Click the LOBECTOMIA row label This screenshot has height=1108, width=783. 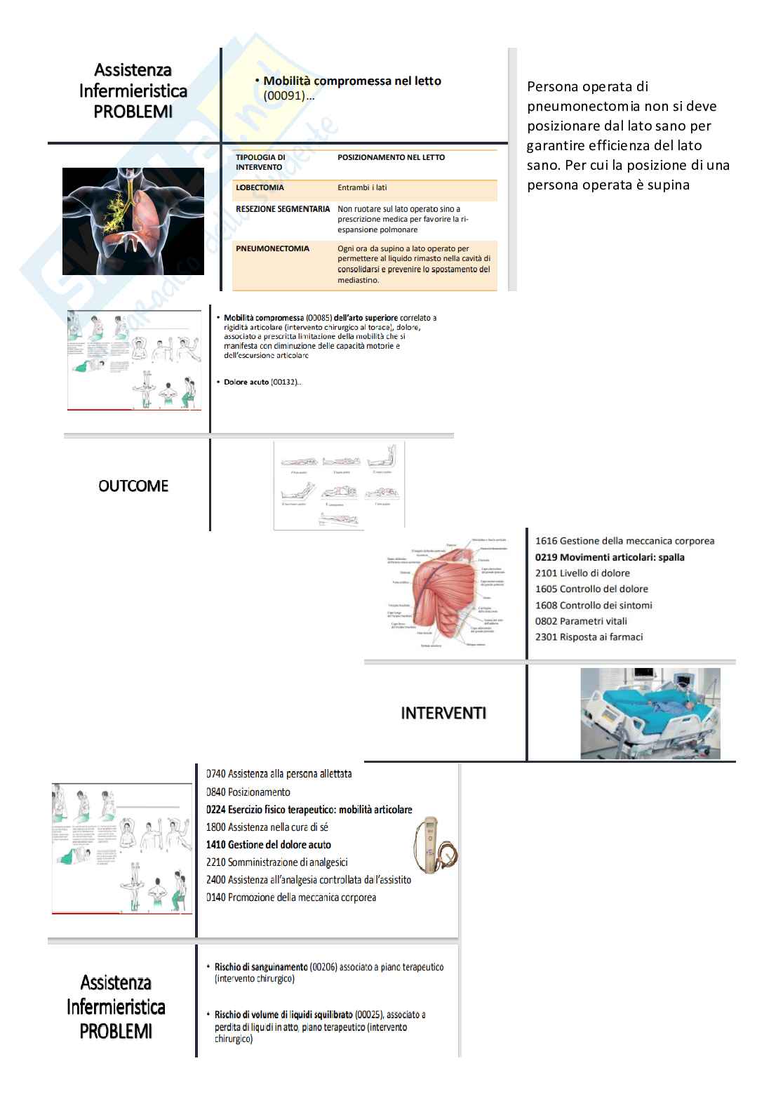tap(260, 188)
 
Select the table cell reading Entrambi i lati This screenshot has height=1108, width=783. tap(362, 188)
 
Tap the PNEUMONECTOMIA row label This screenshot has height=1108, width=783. tap(272, 248)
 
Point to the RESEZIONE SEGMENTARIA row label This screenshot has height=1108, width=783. tap(283, 209)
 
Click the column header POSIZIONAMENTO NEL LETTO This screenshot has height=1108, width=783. tap(391, 157)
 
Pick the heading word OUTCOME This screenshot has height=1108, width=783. tap(133, 486)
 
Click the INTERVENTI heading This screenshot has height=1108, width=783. tap(443, 713)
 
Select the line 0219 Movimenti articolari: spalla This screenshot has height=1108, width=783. tap(610, 557)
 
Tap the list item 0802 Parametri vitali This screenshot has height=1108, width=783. tap(581, 621)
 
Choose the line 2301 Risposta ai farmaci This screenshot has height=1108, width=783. tap(589, 637)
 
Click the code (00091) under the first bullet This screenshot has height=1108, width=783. tap(284, 96)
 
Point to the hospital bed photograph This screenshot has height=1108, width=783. tap(650, 713)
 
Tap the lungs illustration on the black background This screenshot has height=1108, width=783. tap(133, 221)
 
